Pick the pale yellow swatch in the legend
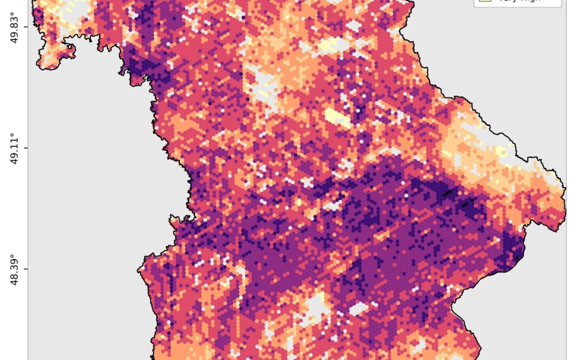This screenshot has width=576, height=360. (x=484, y=1)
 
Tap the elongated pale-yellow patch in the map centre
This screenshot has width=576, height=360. (x=337, y=117)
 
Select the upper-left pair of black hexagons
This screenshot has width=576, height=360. (x=448, y=192)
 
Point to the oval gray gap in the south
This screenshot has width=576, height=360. (x=358, y=308)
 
